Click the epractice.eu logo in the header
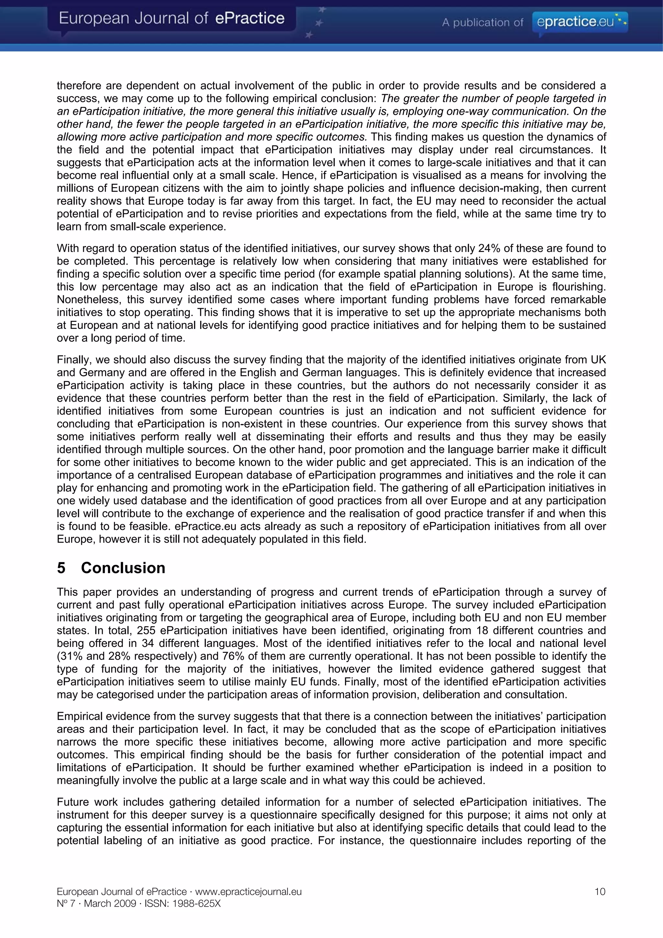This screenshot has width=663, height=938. point(580,21)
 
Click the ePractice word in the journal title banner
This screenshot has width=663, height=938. point(249,18)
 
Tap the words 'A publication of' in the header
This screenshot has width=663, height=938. point(482,22)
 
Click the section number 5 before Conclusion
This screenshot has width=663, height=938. point(61,568)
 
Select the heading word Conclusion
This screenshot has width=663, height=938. point(123,568)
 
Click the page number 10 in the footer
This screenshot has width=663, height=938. point(600,891)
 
